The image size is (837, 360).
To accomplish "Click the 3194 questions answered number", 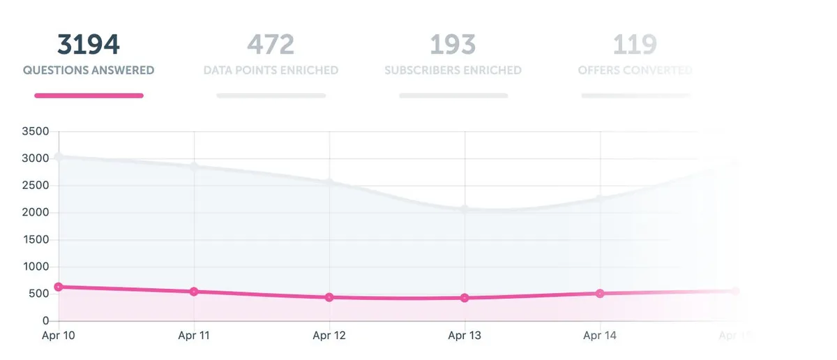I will [89, 45].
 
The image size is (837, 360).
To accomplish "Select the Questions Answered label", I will [89, 70].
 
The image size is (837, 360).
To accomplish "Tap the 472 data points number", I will [271, 45].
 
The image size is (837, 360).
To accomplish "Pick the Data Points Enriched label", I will [271, 70].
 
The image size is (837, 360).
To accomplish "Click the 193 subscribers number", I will [453, 45].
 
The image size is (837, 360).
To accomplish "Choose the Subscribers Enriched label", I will [453, 70].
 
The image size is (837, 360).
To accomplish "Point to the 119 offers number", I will [635, 45].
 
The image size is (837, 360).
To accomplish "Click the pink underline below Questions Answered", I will [89, 96].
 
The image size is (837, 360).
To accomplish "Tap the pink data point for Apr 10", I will [59, 287].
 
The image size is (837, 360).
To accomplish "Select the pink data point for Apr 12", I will [329, 297].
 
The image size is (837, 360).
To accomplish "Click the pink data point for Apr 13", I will [465, 298].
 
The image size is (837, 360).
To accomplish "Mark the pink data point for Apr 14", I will [600, 293].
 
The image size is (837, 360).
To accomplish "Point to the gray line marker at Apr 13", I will [465, 209].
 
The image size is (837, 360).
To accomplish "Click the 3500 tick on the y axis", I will [35, 131].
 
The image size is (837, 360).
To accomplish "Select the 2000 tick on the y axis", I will [35, 213].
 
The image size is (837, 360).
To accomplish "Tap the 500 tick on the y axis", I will [39, 294].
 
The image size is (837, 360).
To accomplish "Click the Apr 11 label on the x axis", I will [194, 336].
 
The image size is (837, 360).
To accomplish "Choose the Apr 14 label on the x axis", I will [600, 336].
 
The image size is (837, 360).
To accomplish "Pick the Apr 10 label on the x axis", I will [59, 336].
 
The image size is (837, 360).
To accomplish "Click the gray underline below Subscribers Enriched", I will [453, 96].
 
